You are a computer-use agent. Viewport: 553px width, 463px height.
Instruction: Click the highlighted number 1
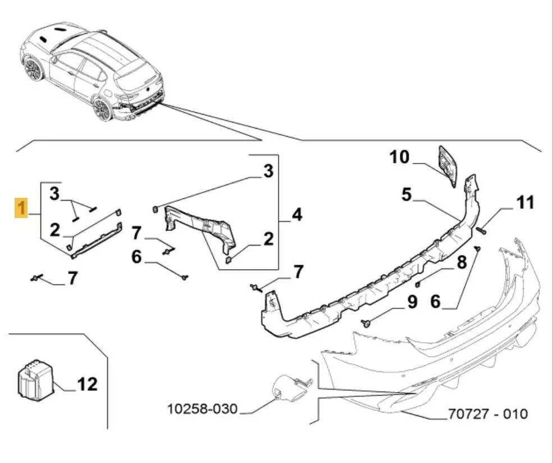tap(21, 208)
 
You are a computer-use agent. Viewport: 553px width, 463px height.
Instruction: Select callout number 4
tap(296, 214)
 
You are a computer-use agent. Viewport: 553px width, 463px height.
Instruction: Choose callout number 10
tap(400, 157)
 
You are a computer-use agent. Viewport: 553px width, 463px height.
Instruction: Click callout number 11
tap(525, 202)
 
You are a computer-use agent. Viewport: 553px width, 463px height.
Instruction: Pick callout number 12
tap(87, 384)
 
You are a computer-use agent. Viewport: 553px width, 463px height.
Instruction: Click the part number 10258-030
tap(202, 408)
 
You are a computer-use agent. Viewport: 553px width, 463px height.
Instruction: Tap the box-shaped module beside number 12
tap(34, 381)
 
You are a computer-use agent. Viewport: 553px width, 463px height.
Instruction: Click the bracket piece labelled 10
tap(448, 164)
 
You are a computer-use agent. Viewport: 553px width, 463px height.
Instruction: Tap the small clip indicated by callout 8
tap(420, 277)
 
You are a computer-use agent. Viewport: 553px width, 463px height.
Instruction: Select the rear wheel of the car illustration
tap(102, 108)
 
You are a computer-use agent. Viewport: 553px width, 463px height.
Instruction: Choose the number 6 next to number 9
tap(436, 302)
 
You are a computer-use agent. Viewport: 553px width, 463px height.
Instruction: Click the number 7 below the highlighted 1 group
tap(72, 278)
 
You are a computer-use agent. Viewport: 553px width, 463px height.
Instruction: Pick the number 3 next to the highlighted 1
tap(54, 194)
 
